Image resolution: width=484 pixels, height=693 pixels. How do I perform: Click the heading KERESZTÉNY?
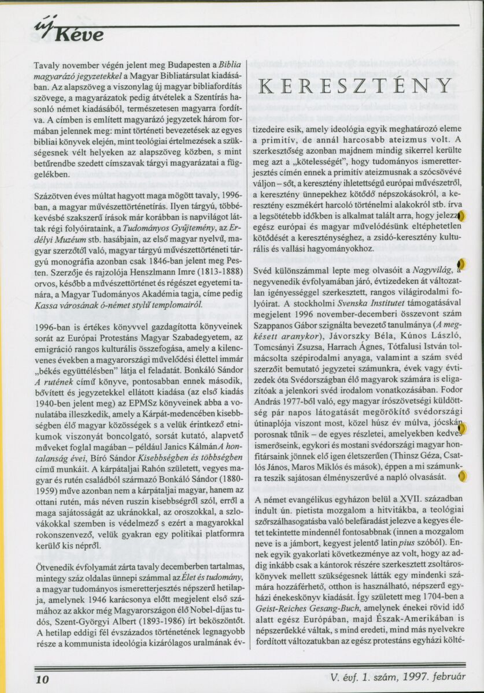[354, 85]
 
